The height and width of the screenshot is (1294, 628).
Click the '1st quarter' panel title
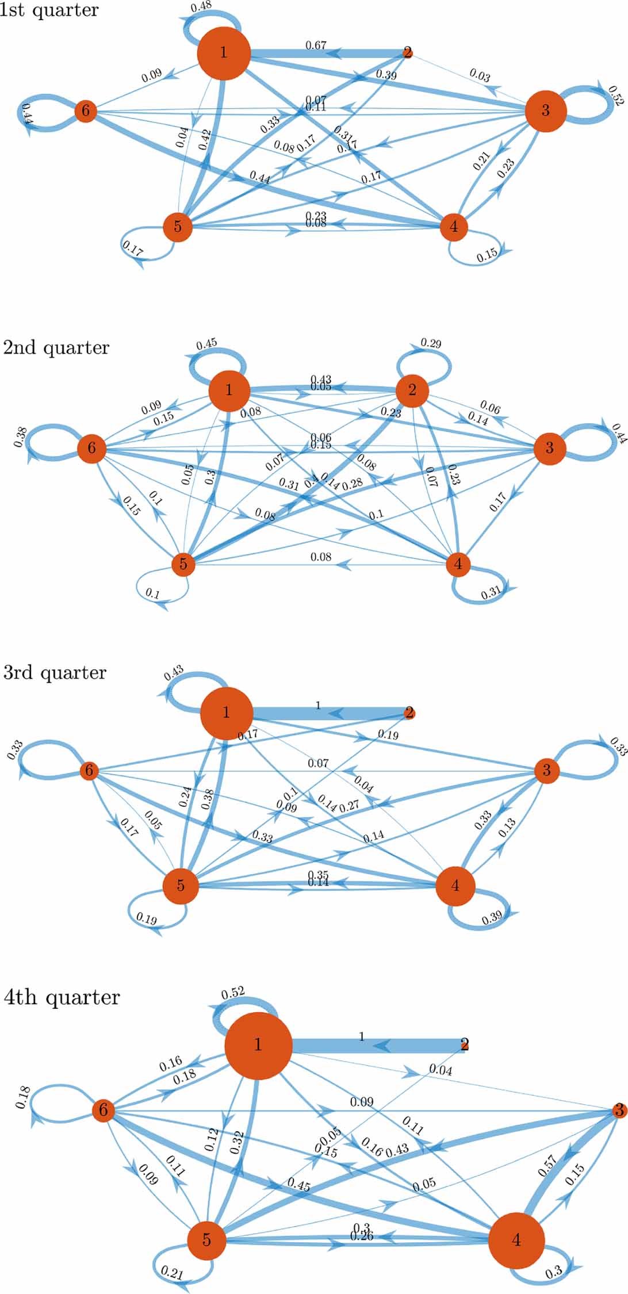coord(49,10)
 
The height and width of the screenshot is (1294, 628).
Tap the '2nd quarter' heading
coord(56,348)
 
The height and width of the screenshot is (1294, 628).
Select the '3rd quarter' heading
coord(55,672)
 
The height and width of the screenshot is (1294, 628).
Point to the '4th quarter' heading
coord(62,997)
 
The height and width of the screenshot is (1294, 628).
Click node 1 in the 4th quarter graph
coord(258,1044)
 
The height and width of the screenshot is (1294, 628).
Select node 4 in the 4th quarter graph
coord(516,1241)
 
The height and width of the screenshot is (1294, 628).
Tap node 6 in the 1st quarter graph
coord(86,110)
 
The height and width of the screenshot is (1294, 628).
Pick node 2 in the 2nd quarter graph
coord(412,391)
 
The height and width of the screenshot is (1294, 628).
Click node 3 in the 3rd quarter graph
coord(547,770)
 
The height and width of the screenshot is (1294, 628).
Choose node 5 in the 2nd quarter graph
coord(183,564)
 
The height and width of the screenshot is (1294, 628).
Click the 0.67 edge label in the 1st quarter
coord(316,45)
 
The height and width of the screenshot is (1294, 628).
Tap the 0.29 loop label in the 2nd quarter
coord(431,343)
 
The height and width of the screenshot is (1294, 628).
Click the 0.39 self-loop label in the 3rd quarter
coord(492,917)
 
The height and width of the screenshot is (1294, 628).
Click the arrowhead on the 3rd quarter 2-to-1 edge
coord(336,714)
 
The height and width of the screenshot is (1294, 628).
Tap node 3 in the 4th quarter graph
coord(619,1111)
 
